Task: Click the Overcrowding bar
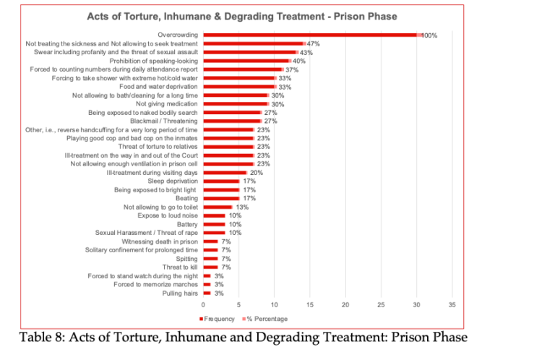click(x=311, y=35)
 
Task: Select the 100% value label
click(x=430, y=35)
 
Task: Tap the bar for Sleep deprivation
click(x=221, y=181)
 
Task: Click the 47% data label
click(x=314, y=43)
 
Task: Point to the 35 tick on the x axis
click(x=452, y=304)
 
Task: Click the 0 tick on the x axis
click(x=203, y=304)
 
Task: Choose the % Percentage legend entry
click(x=267, y=319)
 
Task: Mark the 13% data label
click(x=242, y=207)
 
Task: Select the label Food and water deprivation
click(x=157, y=86)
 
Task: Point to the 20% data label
click(x=257, y=172)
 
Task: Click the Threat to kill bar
click(x=210, y=267)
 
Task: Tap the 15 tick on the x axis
click(x=310, y=304)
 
